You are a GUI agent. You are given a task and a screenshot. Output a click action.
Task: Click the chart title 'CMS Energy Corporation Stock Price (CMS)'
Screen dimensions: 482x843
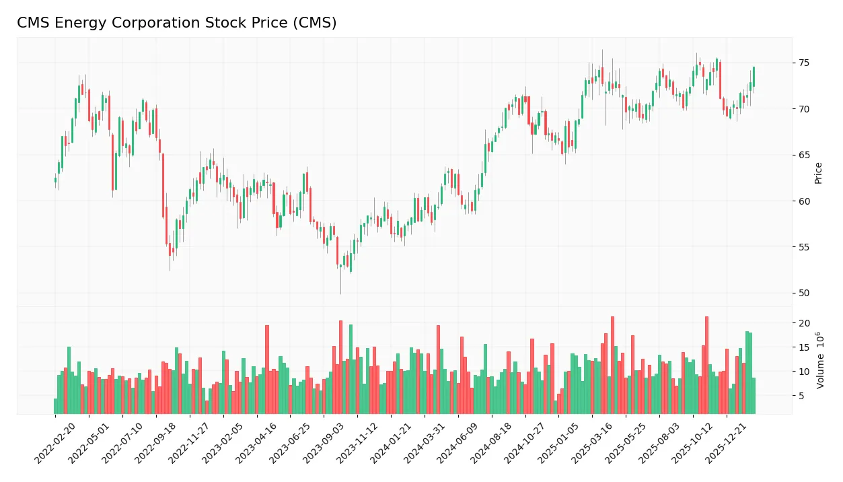pyautogui.click(x=176, y=23)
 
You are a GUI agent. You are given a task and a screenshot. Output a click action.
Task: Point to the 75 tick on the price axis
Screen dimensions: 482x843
pyautogui.click(x=803, y=63)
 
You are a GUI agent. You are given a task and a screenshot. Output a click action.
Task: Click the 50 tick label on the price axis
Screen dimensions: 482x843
pyautogui.click(x=803, y=293)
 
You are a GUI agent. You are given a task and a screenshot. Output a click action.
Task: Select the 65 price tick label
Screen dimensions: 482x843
pyautogui.click(x=803, y=155)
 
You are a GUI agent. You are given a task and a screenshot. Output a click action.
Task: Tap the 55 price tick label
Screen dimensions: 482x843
pyautogui.click(x=803, y=247)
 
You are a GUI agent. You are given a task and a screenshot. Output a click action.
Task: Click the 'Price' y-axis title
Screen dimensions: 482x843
pyautogui.click(x=819, y=173)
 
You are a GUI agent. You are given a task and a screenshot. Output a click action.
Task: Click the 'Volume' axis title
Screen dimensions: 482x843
pyautogui.click(x=820, y=360)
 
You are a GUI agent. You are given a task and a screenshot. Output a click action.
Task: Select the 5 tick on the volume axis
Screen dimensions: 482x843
pyautogui.click(x=801, y=396)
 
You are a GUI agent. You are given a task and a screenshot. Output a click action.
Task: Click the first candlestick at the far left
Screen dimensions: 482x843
pyautogui.click(x=55, y=180)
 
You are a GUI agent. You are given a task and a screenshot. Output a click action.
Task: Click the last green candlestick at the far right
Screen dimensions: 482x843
pyautogui.click(x=754, y=77)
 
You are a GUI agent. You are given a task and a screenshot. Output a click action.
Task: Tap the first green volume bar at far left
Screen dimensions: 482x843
pyautogui.click(x=55, y=406)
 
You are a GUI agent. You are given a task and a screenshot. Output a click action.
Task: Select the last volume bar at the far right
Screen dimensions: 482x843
pyautogui.click(x=754, y=396)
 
